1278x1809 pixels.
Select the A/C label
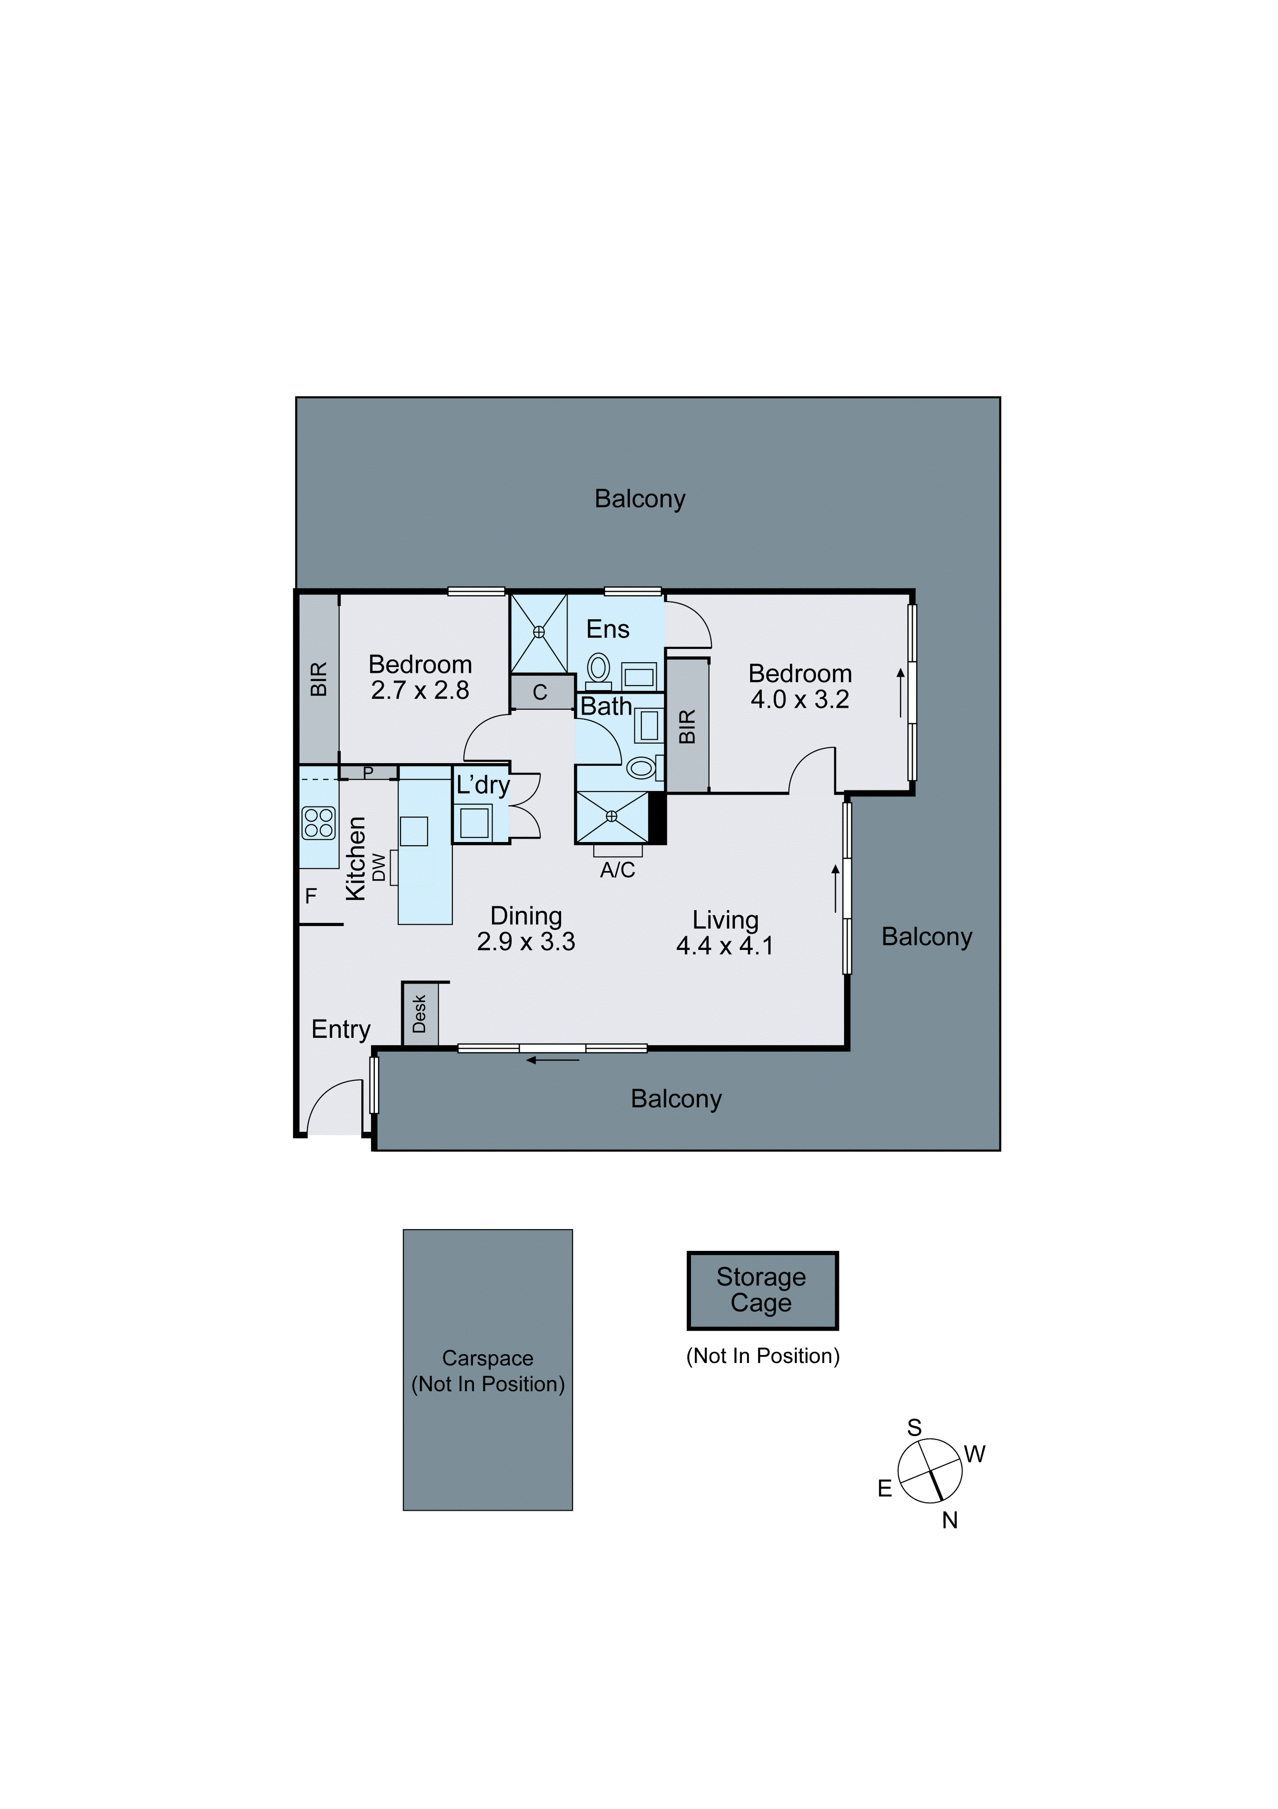(617, 870)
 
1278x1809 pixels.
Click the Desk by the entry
(420, 1014)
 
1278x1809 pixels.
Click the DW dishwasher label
(380, 868)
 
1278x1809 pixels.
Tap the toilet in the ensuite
(599, 669)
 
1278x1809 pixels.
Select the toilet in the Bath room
(641, 767)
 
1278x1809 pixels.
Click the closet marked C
(540, 692)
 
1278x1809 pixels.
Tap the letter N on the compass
(950, 1521)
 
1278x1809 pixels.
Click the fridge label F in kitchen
(311, 896)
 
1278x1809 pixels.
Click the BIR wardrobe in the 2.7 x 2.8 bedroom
(318, 678)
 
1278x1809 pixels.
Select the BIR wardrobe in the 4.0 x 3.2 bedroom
(688, 726)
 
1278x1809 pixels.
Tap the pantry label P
(368, 772)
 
